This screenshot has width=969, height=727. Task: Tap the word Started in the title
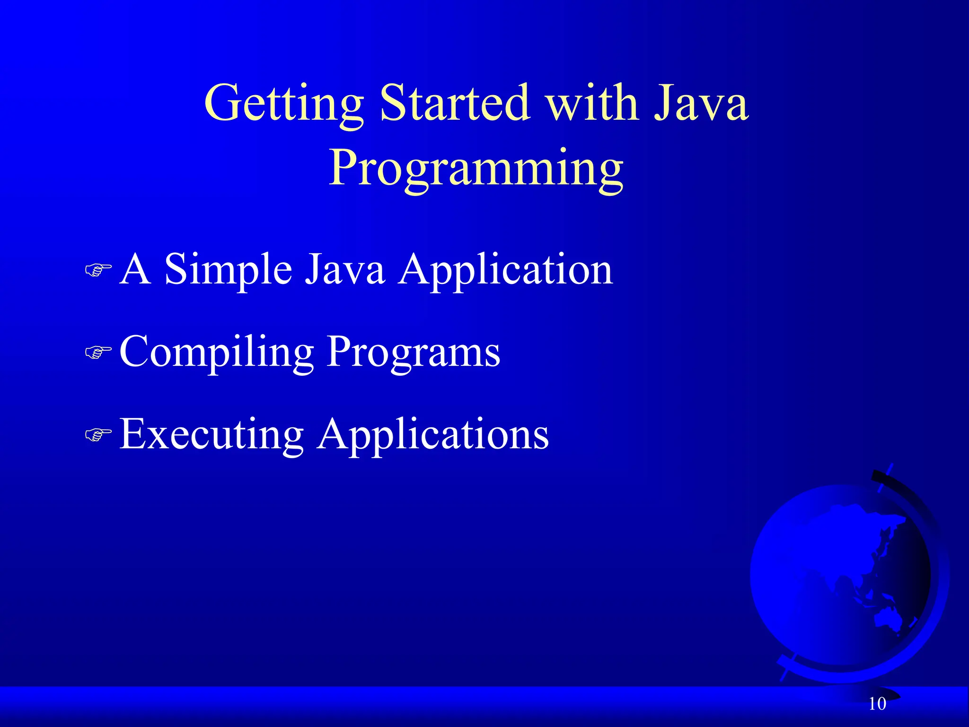coord(453,103)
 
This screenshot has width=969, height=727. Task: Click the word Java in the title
coord(701,103)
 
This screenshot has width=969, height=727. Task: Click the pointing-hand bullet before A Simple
coord(98,270)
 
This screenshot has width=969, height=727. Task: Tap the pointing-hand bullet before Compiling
coord(98,352)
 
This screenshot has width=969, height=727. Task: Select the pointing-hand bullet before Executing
coord(98,434)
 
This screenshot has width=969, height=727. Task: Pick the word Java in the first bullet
coord(344,270)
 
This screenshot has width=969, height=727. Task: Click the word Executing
coord(211,434)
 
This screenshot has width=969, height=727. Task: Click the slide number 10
coord(877,704)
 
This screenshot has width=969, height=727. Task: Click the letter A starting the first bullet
coord(135,270)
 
